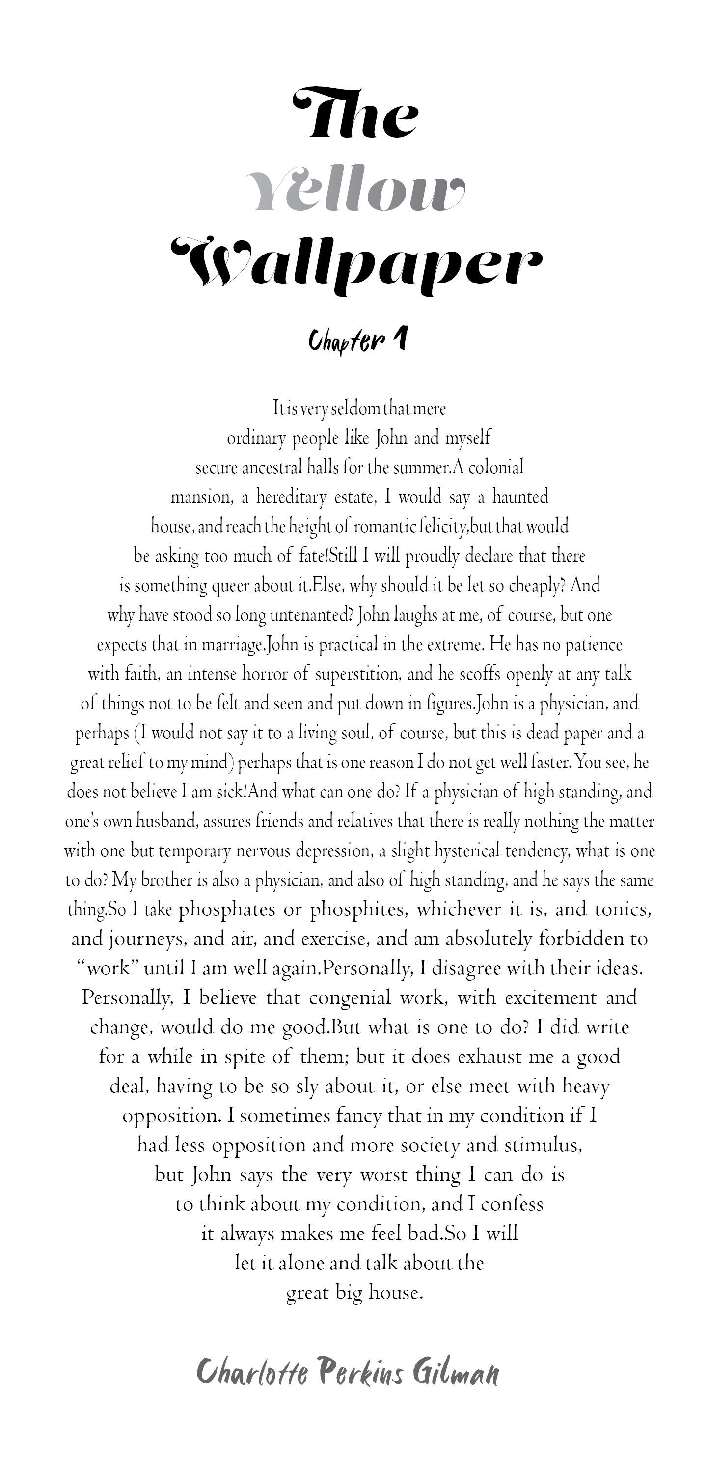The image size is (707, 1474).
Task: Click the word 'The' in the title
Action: (x=354, y=114)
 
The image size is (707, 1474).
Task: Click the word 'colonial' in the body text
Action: (x=496, y=467)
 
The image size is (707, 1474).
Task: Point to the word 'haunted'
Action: (x=520, y=497)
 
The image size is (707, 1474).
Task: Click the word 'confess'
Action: (x=512, y=1204)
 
